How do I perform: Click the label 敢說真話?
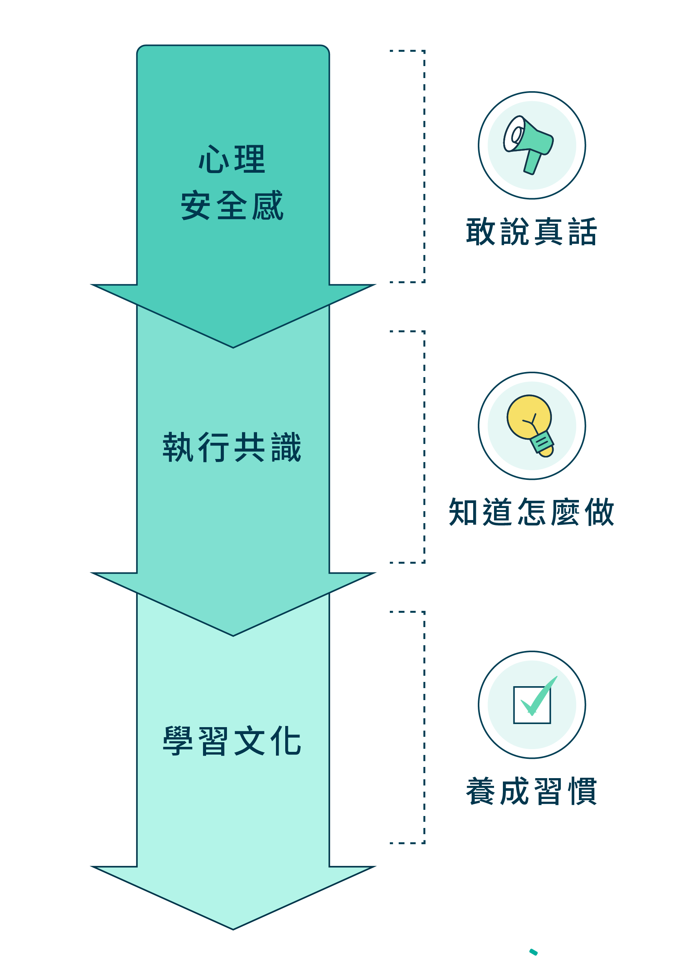[x=531, y=232]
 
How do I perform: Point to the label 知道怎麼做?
[x=531, y=512]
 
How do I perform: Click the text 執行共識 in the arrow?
[x=232, y=447]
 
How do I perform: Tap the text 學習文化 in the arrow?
[x=232, y=741]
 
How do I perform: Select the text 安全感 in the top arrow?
[x=232, y=206]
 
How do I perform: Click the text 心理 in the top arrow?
[x=232, y=159]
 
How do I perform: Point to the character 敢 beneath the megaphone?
[x=481, y=232]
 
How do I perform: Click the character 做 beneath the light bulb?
[x=599, y=512]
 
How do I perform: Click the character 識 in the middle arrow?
[x=286, y=447]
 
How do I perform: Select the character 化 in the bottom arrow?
[x=286, y=741]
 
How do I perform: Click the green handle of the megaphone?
[x=532, y=162]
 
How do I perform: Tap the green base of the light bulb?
[x=542, y=442]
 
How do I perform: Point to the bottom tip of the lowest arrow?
[x=233, y=930]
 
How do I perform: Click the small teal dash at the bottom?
[x=533, y=952]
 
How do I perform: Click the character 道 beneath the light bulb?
[x=497, y=512]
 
